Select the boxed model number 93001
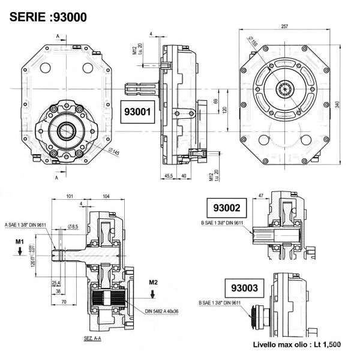(139, 112)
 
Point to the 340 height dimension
(338, 104)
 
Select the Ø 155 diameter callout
(253, 43)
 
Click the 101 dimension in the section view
(69, 196)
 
